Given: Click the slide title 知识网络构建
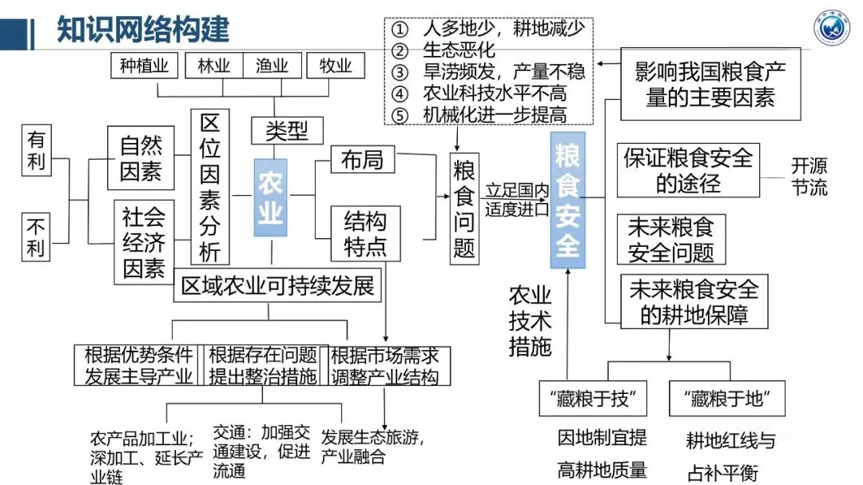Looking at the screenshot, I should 143,30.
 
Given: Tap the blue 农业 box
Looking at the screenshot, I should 270,197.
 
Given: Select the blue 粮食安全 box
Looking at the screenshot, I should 567,200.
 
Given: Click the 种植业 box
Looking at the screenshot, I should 145,66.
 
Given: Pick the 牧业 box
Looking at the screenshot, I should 335,66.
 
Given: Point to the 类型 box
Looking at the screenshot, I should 287,129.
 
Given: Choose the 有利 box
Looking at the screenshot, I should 37,152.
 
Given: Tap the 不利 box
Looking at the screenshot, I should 37,235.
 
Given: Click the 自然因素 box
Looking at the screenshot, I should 141,157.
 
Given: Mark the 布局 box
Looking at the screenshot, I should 362,160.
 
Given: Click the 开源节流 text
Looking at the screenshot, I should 809,177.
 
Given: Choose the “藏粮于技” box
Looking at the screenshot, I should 593,397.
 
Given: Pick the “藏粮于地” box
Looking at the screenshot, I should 727,397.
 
